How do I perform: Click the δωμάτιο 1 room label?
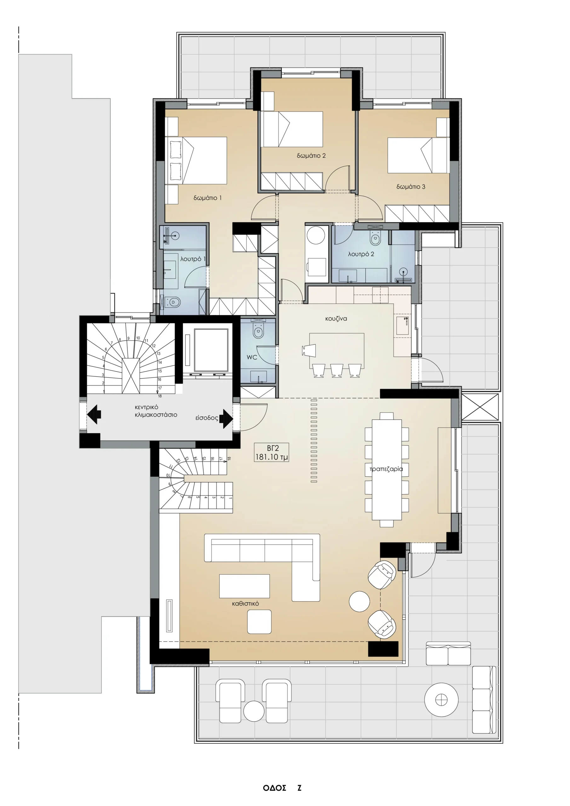coord(207,198)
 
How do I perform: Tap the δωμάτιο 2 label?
coord(311,156)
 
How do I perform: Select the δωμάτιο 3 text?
coord(411,187)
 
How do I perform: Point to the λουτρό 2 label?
coord(361,254)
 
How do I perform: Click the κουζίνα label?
coord(336,319)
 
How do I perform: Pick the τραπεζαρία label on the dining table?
coord(386,469)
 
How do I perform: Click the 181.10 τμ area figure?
coord(272,457)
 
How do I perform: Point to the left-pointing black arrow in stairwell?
coord(94,414)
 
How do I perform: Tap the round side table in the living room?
coord(359,601)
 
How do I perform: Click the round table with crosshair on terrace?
coord(441,700)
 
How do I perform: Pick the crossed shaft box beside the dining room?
coord(480,407)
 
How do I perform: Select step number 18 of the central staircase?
coord(160,396)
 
